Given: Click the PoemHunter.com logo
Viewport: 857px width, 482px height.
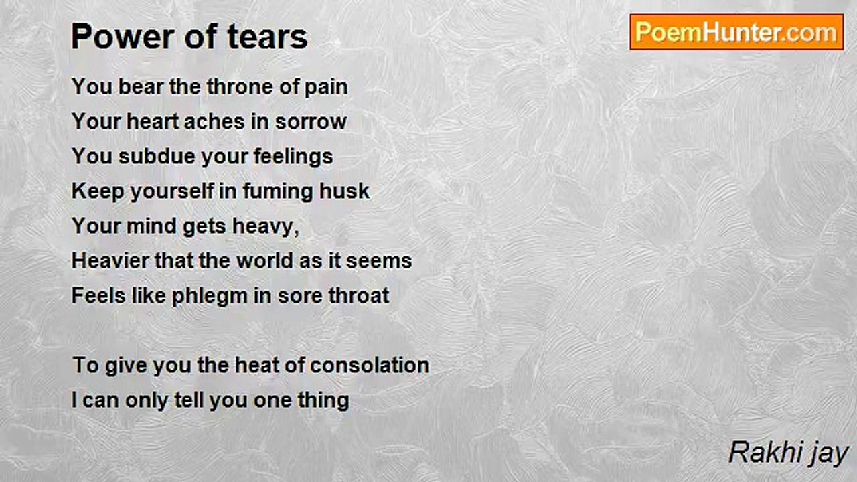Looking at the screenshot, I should pos(736,32).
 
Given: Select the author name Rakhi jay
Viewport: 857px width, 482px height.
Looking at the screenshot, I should pos(788,453).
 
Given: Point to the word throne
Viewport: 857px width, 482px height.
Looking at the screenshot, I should pos(238,87).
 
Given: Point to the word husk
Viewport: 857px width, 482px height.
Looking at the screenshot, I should pos(344,191).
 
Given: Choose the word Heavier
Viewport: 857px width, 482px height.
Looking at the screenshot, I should pos(110,261).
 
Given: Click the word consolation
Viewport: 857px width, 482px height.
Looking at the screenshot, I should pos(370,366).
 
